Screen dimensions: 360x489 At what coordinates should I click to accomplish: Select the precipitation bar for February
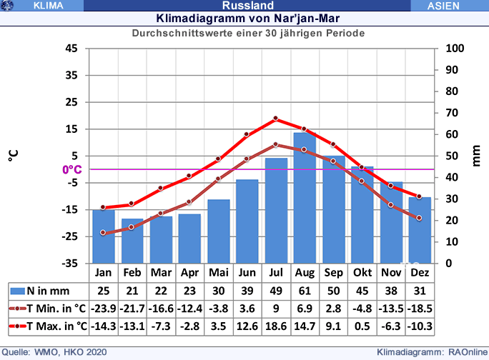(x=132, y=241)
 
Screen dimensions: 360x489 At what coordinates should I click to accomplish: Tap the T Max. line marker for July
(x=275, y=119)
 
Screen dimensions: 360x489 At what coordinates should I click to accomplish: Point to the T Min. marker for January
(x=103, y=232)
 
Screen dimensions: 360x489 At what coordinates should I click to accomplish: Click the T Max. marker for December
(x=420, y=196)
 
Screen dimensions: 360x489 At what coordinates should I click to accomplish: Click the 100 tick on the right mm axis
(x=455, y=49)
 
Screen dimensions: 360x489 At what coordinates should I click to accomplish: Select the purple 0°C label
(x=72, y=170)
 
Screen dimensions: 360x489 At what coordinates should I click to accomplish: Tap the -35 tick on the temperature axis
(x=71, y=263)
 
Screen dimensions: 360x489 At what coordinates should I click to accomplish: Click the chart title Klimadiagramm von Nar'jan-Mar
(x=244, y=18)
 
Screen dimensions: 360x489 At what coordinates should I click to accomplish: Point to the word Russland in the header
(x=243, y=6)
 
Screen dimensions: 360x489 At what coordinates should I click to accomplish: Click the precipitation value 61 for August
(x=305, y=291)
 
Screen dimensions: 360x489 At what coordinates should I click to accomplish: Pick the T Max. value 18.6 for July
(x=275, y=326)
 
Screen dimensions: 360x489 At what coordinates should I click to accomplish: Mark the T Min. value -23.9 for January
(x=103, y=309)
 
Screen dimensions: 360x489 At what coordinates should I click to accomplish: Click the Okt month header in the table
(x=362, y=273)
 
